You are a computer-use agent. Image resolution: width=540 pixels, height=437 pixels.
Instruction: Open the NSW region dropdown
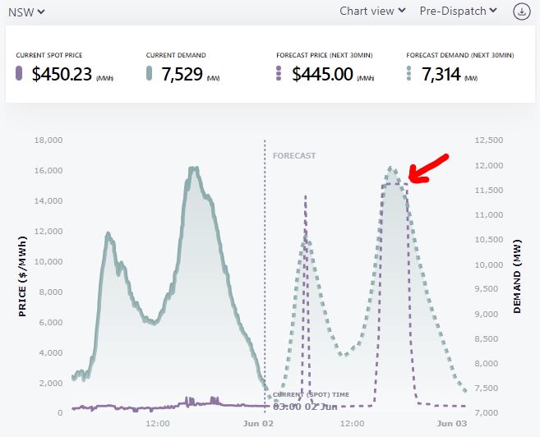pyautogui.click(x=25, y=11)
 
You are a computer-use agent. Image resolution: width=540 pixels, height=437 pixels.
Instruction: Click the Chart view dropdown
pyautogui.click(x=372, y=11)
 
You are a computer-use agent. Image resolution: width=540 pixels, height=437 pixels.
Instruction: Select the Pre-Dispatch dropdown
pyautogui.click(x=458, y=11)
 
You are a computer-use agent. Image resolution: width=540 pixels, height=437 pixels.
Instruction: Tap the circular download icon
pyautogui.click(x=521, y=11)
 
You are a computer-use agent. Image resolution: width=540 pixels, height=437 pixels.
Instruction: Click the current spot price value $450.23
pyautogui.click(x=62, y=75)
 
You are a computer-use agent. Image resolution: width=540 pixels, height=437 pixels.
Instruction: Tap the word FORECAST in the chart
pyautogui.click(x=293, y=155)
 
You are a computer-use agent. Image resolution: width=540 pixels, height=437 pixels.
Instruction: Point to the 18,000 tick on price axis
pyautogui.click(x=48, y=140)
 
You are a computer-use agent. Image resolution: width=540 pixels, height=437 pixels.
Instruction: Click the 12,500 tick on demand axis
pyautogui.click(x=490, y=140)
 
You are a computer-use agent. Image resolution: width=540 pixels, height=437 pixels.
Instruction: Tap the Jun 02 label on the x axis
pyautogui.click(x=259, y=424)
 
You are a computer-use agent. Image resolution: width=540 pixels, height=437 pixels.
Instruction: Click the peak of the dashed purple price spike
pyautogui.click(x=306, y=196)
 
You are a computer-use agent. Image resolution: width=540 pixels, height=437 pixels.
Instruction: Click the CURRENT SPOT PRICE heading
pyautogui.click(x=49, y=55)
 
